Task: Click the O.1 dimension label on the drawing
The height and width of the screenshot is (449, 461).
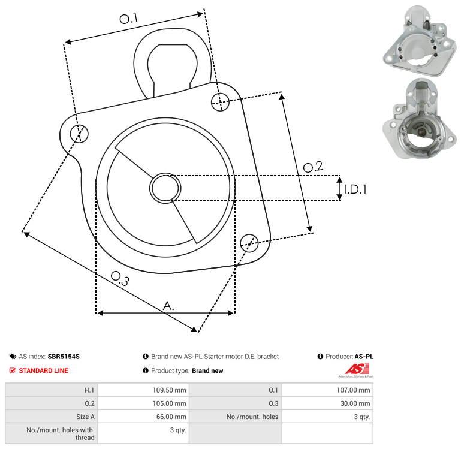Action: (x=128, y=18)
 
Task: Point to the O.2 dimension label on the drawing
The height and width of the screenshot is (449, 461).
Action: (x=313, y=167)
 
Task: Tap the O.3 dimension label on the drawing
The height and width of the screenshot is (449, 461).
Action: (x=120, y=279)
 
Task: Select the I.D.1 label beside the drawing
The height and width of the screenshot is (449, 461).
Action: (x=355, y=189)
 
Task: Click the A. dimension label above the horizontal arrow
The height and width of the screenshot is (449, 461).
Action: (x=168, y=306)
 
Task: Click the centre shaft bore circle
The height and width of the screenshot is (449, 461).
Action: (x=165, y=188)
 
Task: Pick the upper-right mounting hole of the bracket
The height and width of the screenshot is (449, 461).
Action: (x=220, y=102)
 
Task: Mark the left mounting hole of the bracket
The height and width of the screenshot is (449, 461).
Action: (x=79, y=134)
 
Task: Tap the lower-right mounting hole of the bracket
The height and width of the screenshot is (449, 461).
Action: (x=249, y=243)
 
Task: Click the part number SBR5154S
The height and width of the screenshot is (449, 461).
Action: (x=64, y=356)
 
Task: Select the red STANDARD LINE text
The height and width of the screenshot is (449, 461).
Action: (x=44, y=370)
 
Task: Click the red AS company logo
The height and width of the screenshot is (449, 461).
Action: (x=357, y=370)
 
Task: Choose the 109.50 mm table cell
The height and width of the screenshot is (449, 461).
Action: (x=143, y=390)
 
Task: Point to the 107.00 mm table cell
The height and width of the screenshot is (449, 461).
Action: (x=327, y=390)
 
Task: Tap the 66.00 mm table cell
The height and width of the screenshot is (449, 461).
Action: (x=143, y=417)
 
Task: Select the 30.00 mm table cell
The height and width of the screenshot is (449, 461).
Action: (x=327, y=403)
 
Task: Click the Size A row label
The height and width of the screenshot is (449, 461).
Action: (x=85, y=417)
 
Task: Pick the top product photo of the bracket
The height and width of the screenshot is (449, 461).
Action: (x=420, y=41)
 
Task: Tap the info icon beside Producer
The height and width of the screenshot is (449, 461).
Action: (x=320, y=356)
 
